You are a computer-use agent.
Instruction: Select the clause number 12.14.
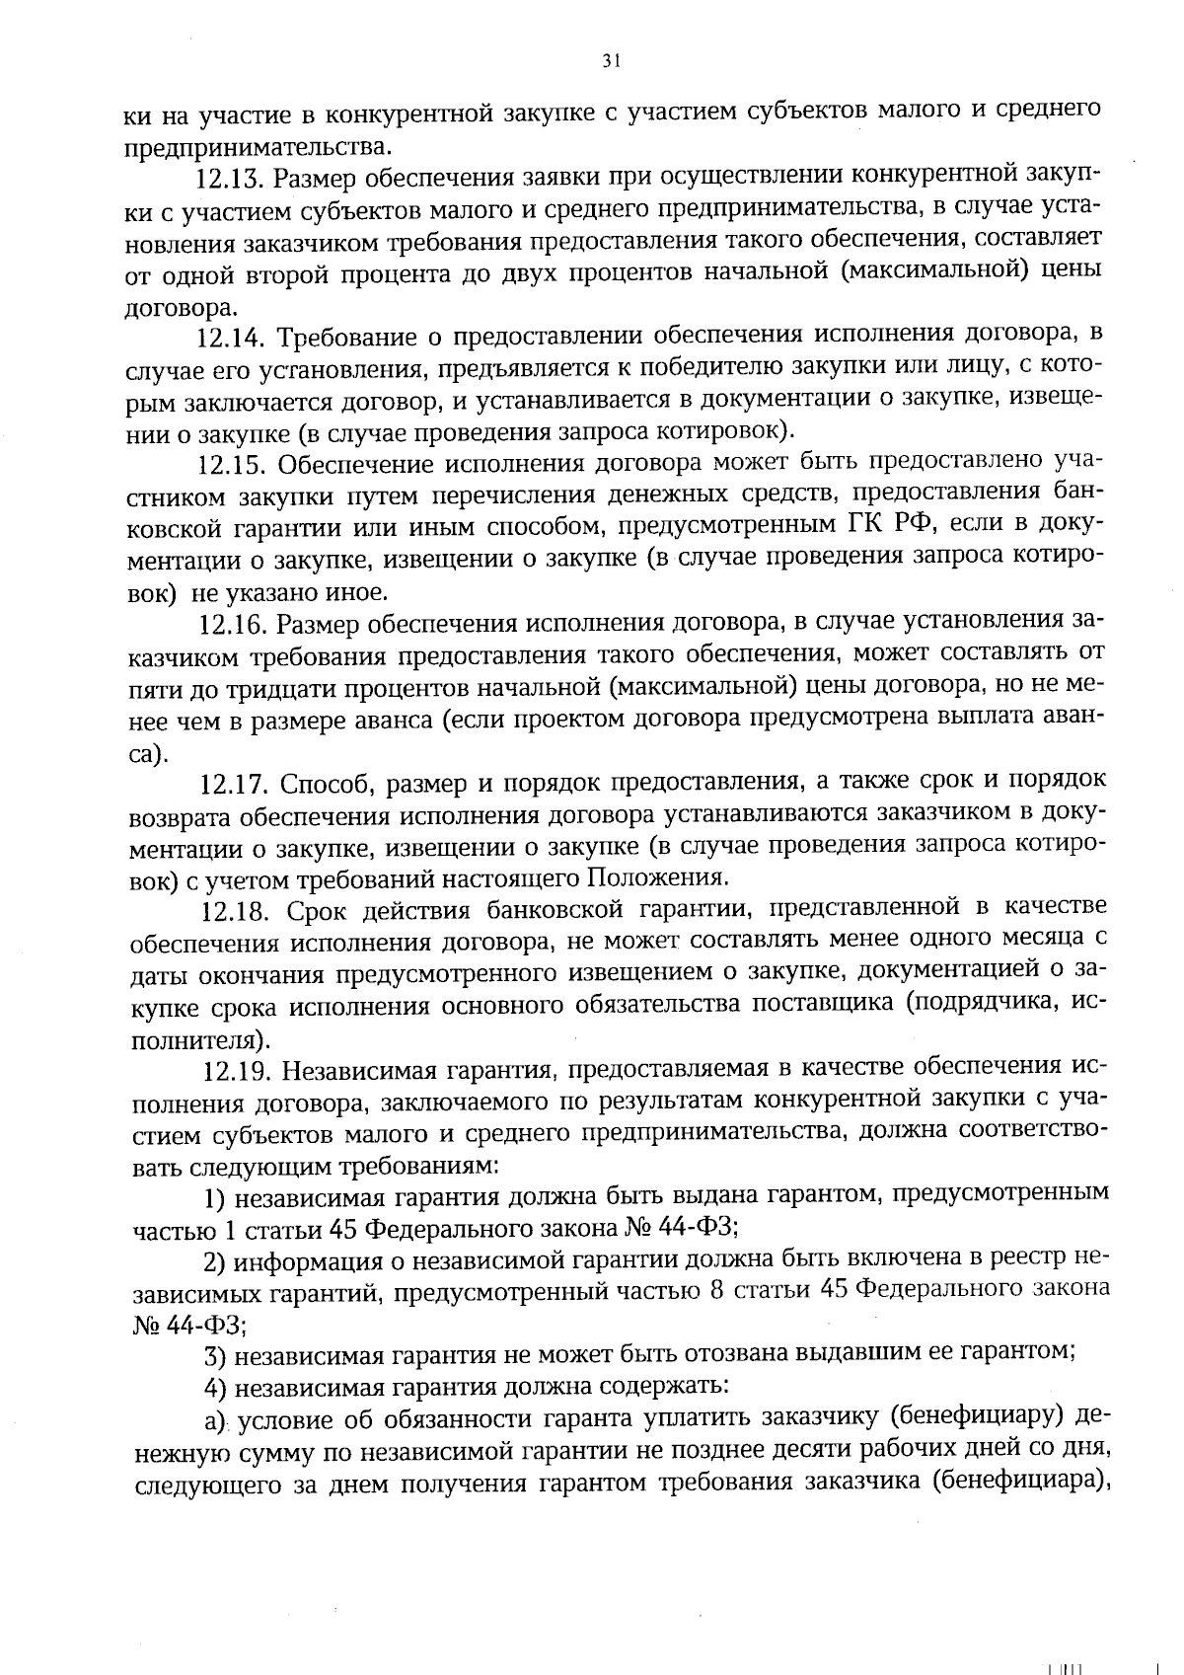(x=230, y=339)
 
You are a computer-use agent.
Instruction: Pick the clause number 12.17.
(x=234, y=785)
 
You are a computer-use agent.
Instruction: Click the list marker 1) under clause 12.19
(x=216, y=1198)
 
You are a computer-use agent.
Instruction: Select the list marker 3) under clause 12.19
(x=216, y=1355)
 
